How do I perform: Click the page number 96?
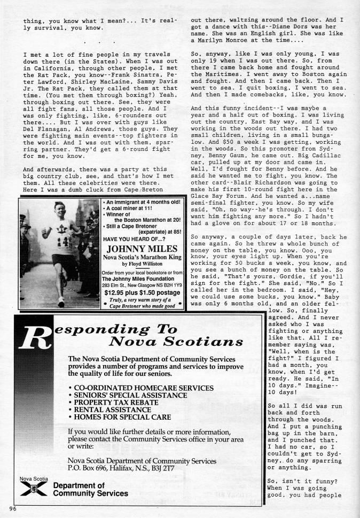coord(13,508)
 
